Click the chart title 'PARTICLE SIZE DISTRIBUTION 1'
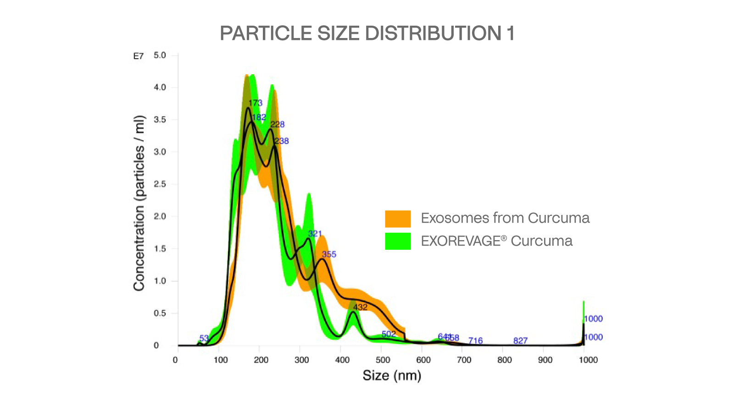[367, 33]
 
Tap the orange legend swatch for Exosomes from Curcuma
[398, 219]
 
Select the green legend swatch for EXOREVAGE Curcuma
[398, 242]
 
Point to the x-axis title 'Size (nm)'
[392, 375]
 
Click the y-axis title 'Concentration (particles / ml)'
[139, 203]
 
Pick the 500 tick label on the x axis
[383, 360]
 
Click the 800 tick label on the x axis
[504, 360]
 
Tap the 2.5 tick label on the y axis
[160, 184]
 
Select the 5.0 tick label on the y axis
[160, 55]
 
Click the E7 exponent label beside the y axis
[138, 56]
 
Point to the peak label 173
[256, 103]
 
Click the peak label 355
[329, 254]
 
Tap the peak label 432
[360, 307]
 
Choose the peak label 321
[315, 234]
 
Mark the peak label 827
[520, 341]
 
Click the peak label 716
[475, 341]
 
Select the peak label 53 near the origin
[204, 338]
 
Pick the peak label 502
[389, 334]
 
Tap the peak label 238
[282, 141]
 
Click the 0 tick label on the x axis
[175, 360]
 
